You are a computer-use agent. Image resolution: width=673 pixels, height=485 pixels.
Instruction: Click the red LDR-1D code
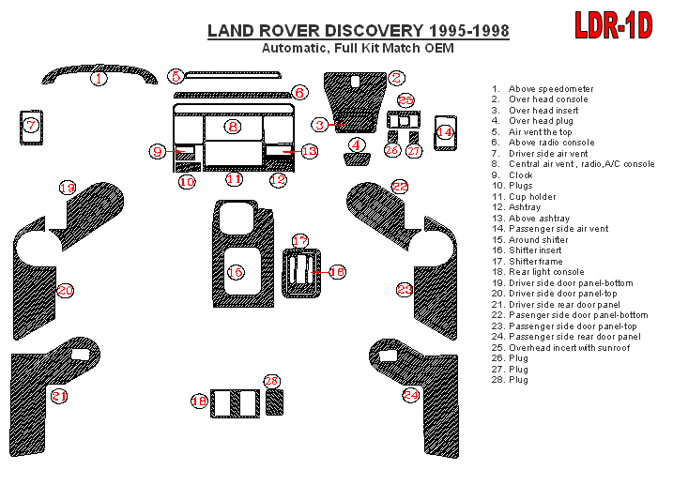click(613, 25)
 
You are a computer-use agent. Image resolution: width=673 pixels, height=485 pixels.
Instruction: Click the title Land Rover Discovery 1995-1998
click(359, 31)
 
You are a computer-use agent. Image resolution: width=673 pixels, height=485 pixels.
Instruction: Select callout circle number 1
click(99, 79)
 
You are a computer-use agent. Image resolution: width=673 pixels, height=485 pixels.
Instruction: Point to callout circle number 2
click(397, 79)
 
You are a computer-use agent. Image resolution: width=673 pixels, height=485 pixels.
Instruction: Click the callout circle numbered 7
click(31, 125)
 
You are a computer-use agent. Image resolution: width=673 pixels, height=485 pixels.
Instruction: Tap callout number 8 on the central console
click(233, 126)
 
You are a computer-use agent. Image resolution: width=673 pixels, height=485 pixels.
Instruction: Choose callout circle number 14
click(445, 133)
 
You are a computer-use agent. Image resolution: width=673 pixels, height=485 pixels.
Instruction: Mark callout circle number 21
click(60, 396)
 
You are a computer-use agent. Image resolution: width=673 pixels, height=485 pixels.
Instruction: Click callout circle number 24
click(411, 395)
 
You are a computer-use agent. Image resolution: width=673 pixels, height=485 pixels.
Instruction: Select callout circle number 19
click(67, 188)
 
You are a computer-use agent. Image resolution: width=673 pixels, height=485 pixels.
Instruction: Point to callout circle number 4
click(357, 144)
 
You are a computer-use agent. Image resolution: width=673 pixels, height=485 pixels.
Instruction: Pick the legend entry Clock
click(521, 175)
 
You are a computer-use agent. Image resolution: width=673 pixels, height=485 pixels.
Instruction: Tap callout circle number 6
click(298, 92)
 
